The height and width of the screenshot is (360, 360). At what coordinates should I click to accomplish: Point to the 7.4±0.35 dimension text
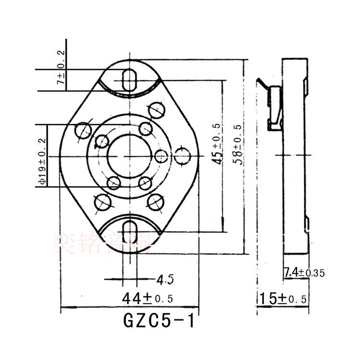coord(304,273)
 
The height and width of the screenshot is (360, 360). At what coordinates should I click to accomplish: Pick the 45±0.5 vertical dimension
coord(217,144)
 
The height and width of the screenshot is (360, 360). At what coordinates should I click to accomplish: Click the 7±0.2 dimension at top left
coord(61,72)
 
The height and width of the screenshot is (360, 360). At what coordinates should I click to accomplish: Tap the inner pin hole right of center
coord(161,156)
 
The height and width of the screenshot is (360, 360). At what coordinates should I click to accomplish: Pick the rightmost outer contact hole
coord(182,156)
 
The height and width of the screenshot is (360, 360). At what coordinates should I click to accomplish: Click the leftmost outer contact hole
coord(83,130)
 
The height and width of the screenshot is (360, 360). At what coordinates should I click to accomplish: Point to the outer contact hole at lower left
coord(103,204)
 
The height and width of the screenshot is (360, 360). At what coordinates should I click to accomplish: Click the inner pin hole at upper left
coord(102,141)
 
